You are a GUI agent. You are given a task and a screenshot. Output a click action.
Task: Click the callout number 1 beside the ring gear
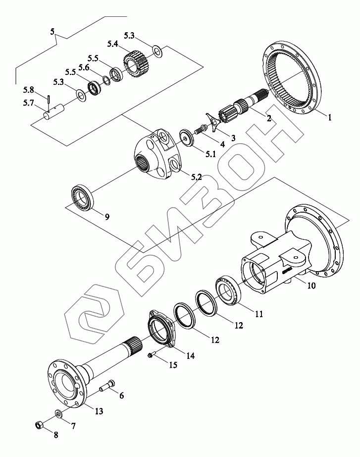pos(329,117)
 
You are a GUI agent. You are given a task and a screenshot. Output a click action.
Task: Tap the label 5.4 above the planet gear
pos(112,44)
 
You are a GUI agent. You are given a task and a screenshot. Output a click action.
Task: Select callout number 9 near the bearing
pos(107,217)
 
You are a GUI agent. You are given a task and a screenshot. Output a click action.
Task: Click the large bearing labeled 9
pos(82,197)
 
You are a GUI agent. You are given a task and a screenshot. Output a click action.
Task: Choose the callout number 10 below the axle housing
pos(311,286)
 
